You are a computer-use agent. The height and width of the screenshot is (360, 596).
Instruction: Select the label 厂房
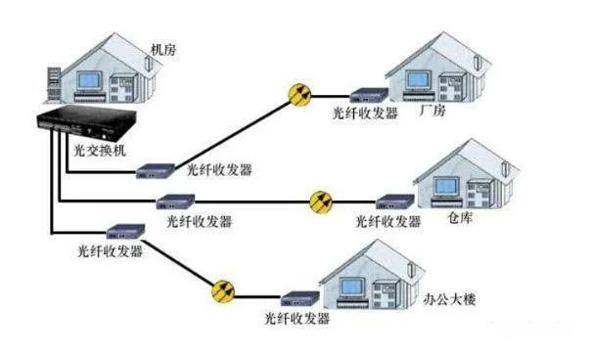coord(432,112)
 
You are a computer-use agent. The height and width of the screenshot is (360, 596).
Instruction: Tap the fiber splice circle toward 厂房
coord(298,94)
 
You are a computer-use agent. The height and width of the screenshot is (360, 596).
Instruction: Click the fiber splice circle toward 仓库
coord(321,202)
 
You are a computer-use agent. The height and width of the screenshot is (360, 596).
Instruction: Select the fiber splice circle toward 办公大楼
coord(224,291)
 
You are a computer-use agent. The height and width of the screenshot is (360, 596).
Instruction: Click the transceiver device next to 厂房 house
coord(365,96)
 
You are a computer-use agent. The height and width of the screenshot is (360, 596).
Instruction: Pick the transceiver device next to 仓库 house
coord(395,202)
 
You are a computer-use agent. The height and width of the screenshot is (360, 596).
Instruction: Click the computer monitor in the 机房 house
coord(89,81)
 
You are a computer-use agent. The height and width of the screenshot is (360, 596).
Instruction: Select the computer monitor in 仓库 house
coord(441,183)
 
